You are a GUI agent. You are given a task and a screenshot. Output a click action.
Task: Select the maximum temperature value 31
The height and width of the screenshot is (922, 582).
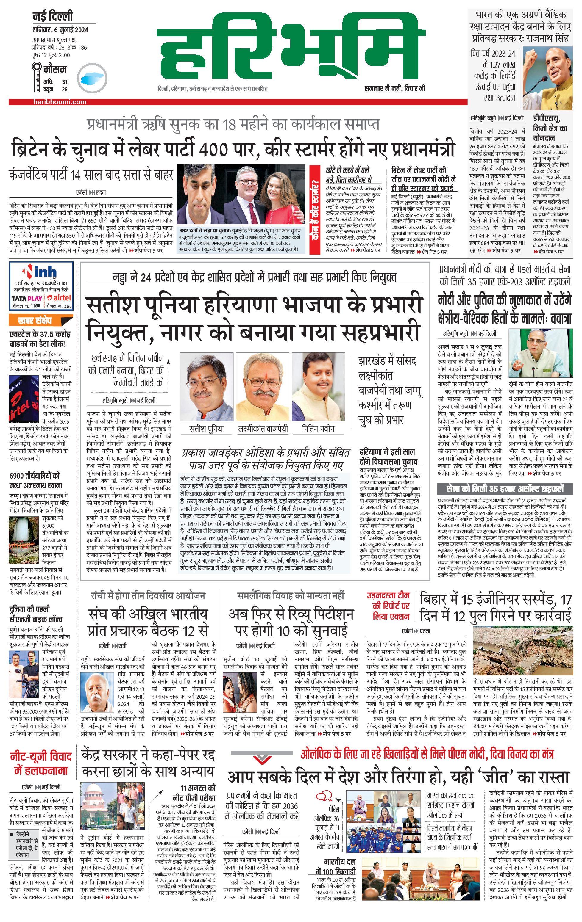tap(65, 81)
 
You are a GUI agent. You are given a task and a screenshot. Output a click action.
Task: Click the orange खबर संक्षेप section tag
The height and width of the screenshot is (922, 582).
tap(35, 321)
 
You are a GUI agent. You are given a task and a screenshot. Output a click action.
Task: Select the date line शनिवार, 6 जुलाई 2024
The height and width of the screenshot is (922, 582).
tap(60, 29)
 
